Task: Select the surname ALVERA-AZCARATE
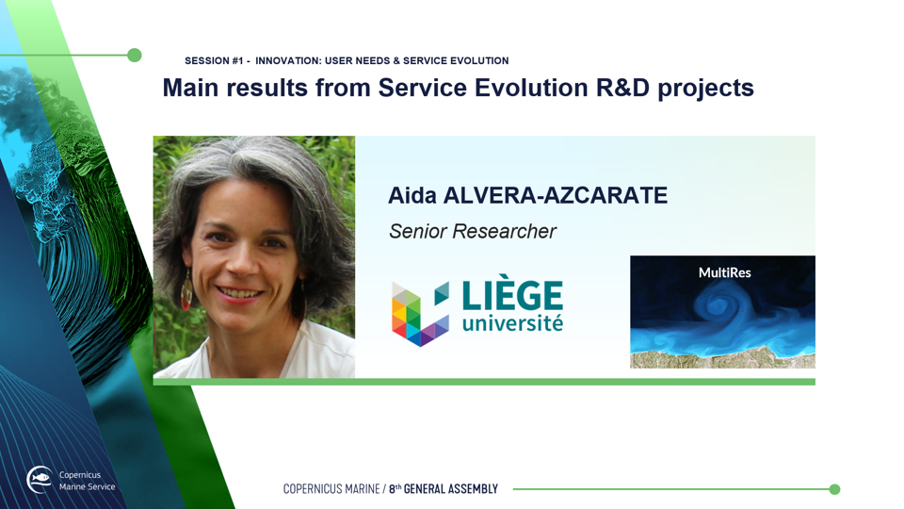click(556, 196)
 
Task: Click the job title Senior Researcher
click(472, 231)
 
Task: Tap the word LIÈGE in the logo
click(512, 292)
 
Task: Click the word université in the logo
click(512, 323)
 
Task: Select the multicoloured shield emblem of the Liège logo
click(420, 313)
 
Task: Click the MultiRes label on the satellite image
click(725, 272)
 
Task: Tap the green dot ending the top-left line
click(135, 56)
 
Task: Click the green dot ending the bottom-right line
click(834, 489)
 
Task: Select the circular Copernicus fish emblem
click(40, 480)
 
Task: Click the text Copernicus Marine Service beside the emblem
click(87, 481)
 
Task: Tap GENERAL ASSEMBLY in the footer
click(450, 489)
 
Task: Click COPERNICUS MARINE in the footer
click(331, 489)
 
